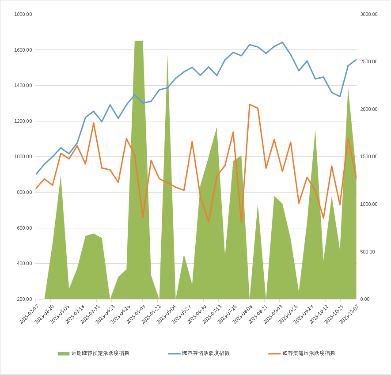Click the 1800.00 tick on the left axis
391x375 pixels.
click(23, 14)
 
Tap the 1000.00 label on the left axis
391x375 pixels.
click(23, 157)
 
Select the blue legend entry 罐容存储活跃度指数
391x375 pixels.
click(205, 353)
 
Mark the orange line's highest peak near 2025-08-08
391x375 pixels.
click(250, 104)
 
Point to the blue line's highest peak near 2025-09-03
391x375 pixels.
click(282, 42)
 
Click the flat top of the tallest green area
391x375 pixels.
click(139, 41)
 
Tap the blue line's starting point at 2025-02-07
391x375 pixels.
click(36, 174)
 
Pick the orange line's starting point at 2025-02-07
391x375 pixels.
click(36, 189)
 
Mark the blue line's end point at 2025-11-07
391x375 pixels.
click(356, 60)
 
